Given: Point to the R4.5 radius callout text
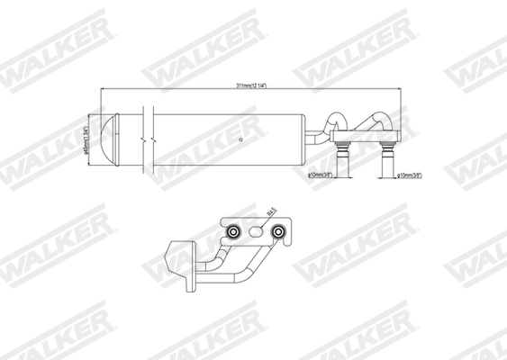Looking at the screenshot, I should coord(271,212).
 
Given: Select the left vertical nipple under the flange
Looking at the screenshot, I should coord(343,161).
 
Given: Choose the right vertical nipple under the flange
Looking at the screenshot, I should coord(389,161).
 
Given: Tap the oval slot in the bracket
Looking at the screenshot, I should coord(257,232).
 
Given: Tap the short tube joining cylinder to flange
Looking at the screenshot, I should coord(317,138).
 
